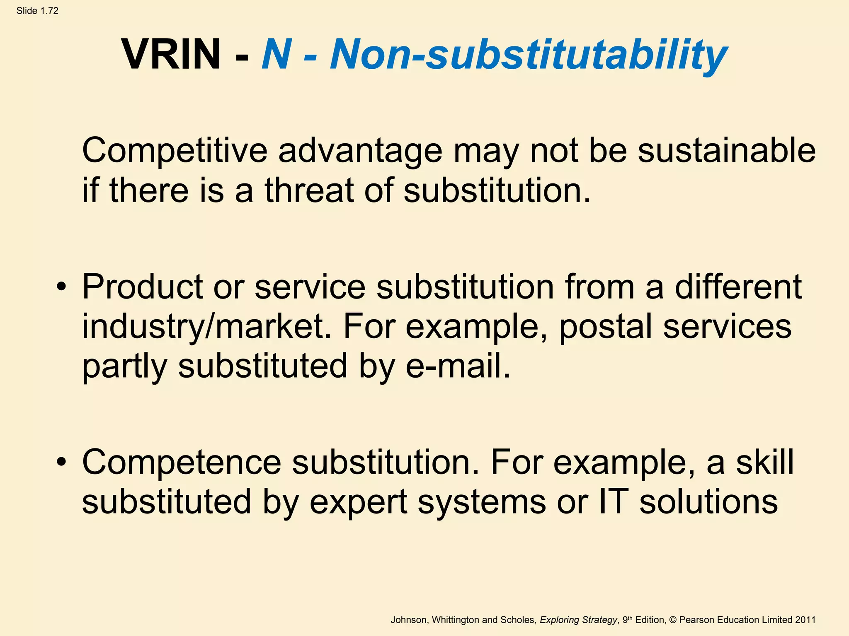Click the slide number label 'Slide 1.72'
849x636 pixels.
tap(37, 11)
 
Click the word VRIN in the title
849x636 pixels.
tap(171, 54)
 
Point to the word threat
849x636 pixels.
tap(309, 190)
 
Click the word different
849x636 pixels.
tap(738, 287)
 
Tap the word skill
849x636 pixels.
tap(765, 462)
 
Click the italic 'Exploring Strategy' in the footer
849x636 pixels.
tap(578, 620)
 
